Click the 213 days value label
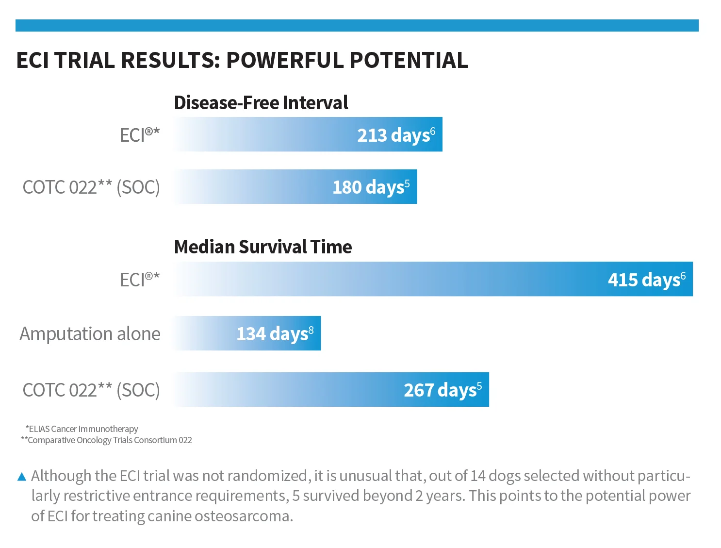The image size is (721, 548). pos(396,135)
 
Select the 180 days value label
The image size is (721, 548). pos(371,187)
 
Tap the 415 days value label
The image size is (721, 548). pos(646,280)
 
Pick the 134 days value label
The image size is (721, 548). pos(275,334)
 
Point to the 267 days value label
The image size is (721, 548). pos(443,390)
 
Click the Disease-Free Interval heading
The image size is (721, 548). pos(261,102)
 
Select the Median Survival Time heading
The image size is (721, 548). pos(263,247)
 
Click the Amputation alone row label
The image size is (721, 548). pos(90,334)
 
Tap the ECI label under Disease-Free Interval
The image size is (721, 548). pos(140,135)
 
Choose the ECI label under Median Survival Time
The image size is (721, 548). pos(140,280)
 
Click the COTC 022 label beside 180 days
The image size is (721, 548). pos(91,187)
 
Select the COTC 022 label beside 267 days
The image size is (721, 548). pos(91,390)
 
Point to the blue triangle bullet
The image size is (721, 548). pos(22,477)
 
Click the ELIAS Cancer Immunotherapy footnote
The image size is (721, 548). pos(82,429)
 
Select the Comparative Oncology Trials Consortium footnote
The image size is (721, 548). pos(106,440)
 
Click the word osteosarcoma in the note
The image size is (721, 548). pos(243,516)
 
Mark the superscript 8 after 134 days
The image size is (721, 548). pos(311,330)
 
